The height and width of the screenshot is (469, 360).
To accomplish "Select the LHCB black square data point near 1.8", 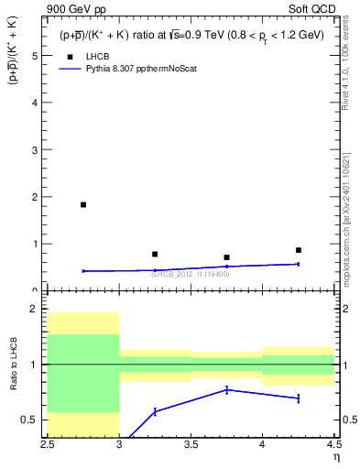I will click(83, 204).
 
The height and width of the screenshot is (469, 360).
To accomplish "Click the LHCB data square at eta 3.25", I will click(155, 254).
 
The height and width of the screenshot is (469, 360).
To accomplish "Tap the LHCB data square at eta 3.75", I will click(226, 257).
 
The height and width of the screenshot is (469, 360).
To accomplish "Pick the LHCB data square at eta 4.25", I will click(298, 250).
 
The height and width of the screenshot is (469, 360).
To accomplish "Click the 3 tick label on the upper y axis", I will click(36, 149).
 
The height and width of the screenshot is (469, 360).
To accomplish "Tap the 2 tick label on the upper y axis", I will click(36, 197).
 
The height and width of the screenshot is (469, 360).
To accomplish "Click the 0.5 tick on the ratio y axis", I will click(32, 420).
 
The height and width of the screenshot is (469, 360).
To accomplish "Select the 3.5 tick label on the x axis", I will click(191, 444).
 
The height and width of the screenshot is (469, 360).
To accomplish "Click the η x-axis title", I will click(335, 457).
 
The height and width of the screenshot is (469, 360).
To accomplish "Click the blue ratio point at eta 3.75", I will click(226, 390).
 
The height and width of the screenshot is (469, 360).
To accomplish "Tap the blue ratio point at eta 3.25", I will click(155, 411).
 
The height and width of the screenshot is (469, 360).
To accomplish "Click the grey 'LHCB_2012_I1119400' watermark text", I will click(191, 274).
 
